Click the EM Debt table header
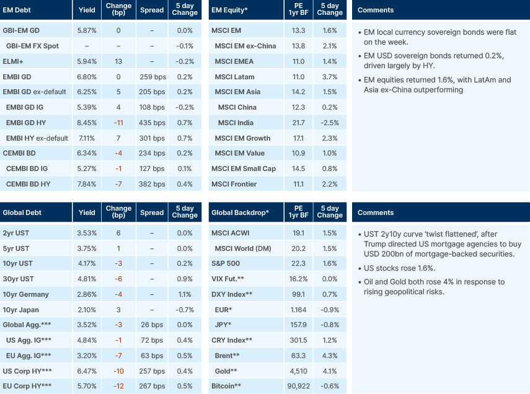(17, 11)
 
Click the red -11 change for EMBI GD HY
(119, 123)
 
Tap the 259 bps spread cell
(152, 77)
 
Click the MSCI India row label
(237, 123)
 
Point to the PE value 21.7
(298, 123)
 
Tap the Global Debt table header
(22, 212)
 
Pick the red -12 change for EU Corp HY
(119, 386)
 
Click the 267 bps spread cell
(152, 386)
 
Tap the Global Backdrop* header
(240, 212)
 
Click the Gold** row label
(226, 370)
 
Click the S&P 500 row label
(228, 263)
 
